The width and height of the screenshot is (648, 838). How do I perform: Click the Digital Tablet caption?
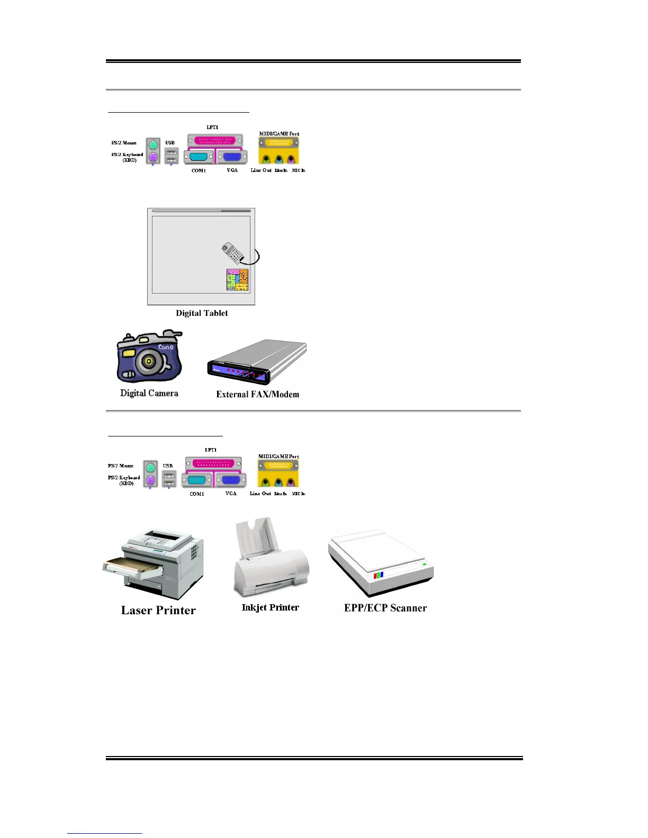(x=202, y=313)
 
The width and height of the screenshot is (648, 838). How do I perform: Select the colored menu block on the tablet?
(x=237, y=279)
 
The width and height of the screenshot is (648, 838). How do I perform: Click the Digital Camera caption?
(x=149, y=393)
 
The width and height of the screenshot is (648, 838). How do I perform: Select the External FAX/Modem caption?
(x=257, y=394)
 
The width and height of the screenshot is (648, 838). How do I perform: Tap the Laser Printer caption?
(x=158, y=611)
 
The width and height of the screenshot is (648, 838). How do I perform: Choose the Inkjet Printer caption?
(x=270, y=607)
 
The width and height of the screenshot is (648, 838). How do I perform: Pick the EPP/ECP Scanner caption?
(x=385, y=608)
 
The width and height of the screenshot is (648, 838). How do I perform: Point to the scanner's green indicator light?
(x=424, y=565)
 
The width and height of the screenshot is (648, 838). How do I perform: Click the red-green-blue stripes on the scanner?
(x=378, y=575)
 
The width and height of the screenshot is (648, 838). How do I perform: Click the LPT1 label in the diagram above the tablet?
(x=212, y=127)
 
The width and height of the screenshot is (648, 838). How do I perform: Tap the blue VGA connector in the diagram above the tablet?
(x=232, y=157)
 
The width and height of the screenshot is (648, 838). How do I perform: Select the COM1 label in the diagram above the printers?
(x=197, y=494)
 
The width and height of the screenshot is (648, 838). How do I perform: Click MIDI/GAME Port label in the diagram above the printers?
(x=278, y=456)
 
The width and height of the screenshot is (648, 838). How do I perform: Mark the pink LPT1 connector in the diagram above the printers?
(x=213, y=463)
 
